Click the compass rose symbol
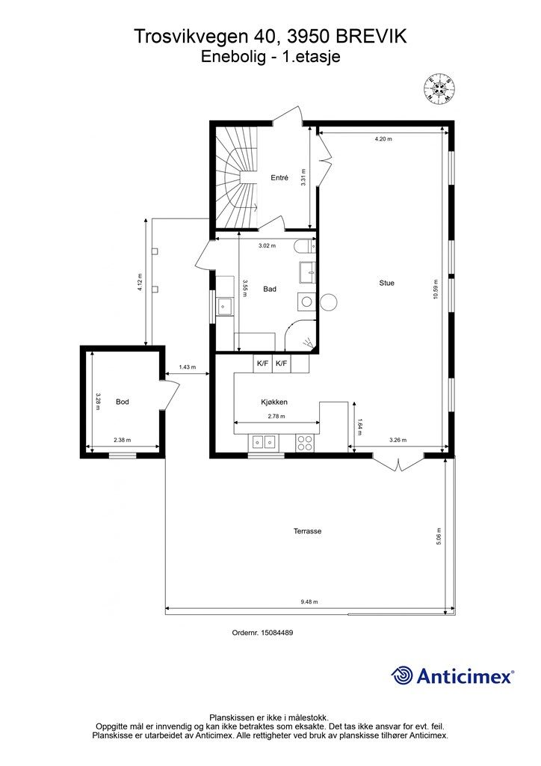(x=440, y=89)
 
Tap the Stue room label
(x=387, y=283)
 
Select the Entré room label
(x=279, y=178)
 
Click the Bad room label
(x=270, y=289)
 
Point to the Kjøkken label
(x=274, y=402)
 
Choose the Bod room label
(x=123, y=402)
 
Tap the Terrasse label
(x=307, y=531)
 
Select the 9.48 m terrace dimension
(x=309, y=602)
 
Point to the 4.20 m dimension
(x=383, y=138)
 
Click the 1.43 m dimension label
(x=188, y=367)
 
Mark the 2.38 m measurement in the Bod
(x=122, y=440)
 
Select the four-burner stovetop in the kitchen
(x=305, y=442)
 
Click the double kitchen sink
(x=264, y=442)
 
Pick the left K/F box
(x=262, y=364)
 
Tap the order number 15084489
(x=277, y=632)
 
